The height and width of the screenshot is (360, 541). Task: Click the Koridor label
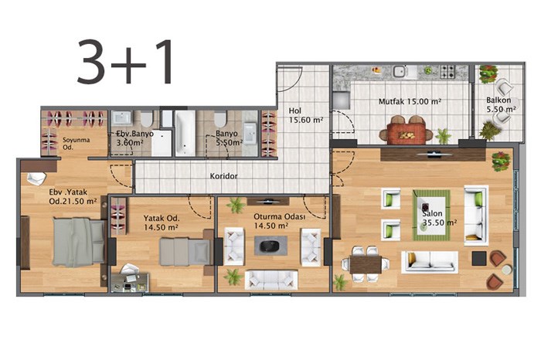[x=223, y=176]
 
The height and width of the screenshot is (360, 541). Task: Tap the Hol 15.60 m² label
[x=306, y=116]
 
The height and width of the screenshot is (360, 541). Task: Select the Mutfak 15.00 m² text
[x=410, y=102]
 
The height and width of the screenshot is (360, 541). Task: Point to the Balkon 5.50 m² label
[x=501, y=105]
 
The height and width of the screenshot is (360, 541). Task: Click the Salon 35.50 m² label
[x=439, y=218]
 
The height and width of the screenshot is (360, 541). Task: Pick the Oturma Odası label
[x=280, y=217]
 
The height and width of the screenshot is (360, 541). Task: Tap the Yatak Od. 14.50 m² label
[x=161, y=222]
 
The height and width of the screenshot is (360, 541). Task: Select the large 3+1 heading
[x=125, y=62]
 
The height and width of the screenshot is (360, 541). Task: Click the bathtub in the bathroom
[x=185, y=133]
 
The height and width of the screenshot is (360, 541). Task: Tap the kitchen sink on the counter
[x=400, y=72]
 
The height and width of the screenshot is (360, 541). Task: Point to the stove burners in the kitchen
[x=447, y=72]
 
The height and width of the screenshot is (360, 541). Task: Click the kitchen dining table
[x=407, y=133]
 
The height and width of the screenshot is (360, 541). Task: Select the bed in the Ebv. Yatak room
[x=79, y=242]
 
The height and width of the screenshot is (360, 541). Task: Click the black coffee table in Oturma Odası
[x=270, y=246]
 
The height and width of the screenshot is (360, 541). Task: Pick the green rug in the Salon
[x=431, y=216]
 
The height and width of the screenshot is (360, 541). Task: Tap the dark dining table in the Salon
[x=366, y=264]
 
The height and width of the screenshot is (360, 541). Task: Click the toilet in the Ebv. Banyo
[x=146, y=119]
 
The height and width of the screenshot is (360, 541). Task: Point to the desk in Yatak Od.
[x=130, y=283]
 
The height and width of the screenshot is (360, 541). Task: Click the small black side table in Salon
[x=479, y=258]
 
